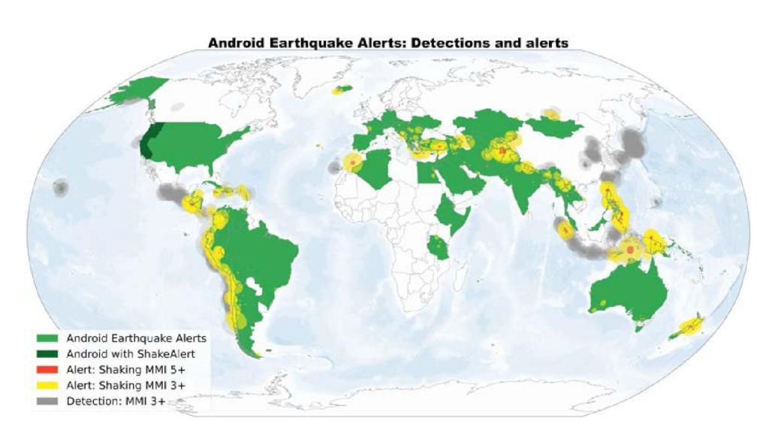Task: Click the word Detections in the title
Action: (429, 44)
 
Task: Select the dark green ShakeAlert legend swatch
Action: (49, 354)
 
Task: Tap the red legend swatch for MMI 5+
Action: (49, 370)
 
